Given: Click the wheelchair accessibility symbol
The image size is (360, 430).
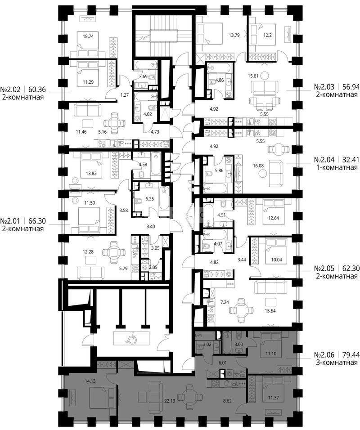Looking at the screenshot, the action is point(131,338).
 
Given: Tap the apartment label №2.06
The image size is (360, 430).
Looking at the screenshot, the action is point(324,354).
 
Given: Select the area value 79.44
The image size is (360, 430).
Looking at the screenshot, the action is point(349,354).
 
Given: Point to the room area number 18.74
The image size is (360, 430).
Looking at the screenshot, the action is point(88,36).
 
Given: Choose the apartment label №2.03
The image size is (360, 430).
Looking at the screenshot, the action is point(324,87).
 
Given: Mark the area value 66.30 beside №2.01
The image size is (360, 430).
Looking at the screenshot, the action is point(36,221).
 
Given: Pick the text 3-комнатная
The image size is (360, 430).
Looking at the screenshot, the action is point(337,363).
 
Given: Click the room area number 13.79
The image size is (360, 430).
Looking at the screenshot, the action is point(234,35).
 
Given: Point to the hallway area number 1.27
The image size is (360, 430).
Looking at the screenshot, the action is point(124,95).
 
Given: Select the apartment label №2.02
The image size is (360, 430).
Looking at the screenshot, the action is point(11,90).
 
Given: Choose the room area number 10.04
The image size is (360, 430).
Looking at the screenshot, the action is point(276,260).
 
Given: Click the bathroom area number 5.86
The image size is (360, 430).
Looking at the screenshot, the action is point(219,170).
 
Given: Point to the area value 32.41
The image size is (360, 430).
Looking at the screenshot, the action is point(349,159).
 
